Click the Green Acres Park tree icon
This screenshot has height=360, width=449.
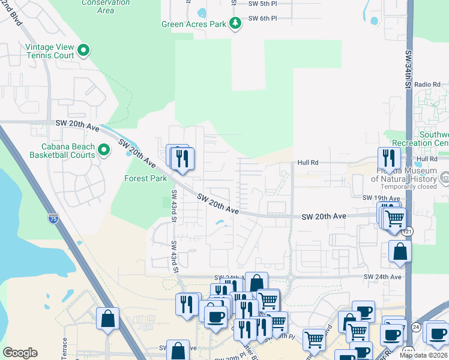pos(236,23)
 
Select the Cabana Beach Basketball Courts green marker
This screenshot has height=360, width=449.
pos(104,149)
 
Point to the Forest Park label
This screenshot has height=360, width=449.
pos(145,178)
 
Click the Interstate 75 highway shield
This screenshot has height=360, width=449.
pos(54,218)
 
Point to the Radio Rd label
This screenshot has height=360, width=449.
pos(427,85)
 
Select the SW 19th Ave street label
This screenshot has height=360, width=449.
pos(381,197)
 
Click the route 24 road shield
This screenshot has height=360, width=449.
pos(415,326)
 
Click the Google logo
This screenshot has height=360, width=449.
pos(20,353)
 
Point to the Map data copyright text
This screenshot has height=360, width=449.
pos(423,355)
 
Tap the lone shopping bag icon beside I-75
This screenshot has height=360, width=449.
pos(107,320)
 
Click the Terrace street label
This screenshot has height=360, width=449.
pos(65,349)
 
